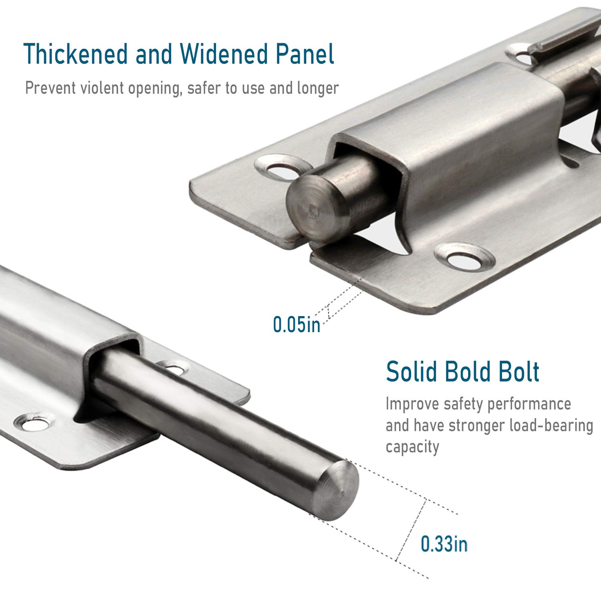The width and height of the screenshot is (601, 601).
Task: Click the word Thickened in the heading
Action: [75, 54]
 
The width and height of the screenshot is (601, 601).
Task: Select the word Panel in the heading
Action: [305, 54]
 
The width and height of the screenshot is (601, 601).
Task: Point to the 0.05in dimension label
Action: [296, 324]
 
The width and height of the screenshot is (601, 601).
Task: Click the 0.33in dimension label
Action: [444, 544]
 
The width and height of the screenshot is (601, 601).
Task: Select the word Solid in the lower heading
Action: [411, 371]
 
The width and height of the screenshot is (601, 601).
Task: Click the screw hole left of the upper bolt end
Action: [279, 170]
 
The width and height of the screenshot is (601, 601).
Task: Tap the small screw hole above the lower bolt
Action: [173, 366]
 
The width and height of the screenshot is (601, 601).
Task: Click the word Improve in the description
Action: [412, 404]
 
